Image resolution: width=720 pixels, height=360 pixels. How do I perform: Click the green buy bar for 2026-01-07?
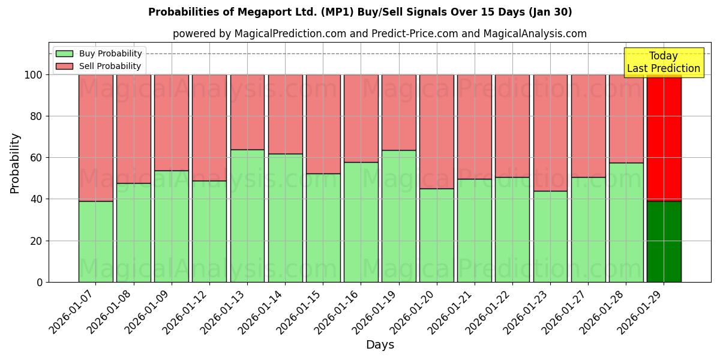95,241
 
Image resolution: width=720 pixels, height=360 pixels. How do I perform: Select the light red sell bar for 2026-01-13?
247,112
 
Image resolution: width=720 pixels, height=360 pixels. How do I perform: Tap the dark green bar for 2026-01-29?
664,241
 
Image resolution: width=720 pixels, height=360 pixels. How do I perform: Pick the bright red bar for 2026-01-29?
664,137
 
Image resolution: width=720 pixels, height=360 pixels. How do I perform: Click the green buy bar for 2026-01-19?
399,216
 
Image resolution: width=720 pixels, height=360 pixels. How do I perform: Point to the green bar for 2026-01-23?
550,236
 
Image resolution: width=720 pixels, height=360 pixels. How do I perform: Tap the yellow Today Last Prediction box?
663,62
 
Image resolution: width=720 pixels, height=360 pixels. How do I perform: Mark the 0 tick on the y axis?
40,282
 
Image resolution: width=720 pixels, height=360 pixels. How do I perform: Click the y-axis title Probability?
15,163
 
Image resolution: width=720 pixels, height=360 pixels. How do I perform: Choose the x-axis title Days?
380,345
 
